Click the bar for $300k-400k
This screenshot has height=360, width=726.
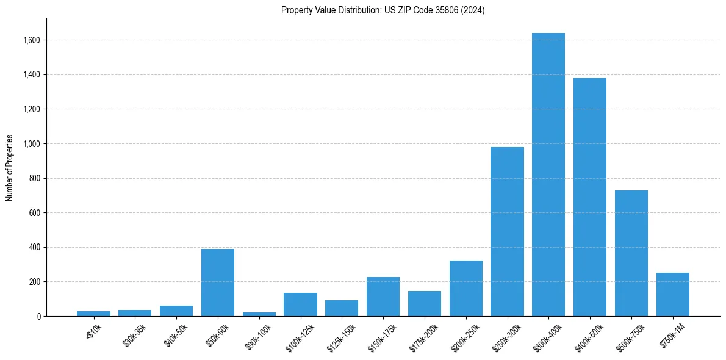click(x=548, y=175)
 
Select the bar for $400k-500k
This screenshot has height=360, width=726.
click(x=589, y=197)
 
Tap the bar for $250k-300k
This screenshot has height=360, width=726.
click(x=507, y=232)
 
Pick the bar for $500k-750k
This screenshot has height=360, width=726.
click(x=631, y=253)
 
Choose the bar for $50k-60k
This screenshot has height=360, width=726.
click(x=217, y=283)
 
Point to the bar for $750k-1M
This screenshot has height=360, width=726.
click(x=672, y=295)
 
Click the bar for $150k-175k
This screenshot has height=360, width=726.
click(x=383, y=297)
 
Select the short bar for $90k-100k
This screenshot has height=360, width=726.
click(x=259, y=314)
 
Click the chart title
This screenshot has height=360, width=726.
click(x=383, y=10)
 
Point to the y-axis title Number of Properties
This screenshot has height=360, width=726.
click(x=10, y=167)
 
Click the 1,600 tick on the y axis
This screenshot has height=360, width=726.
click(x=32, y=40)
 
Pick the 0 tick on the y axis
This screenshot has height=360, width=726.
click(x=38, y=316)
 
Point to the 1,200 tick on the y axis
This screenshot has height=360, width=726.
click(x=32, y=109)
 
